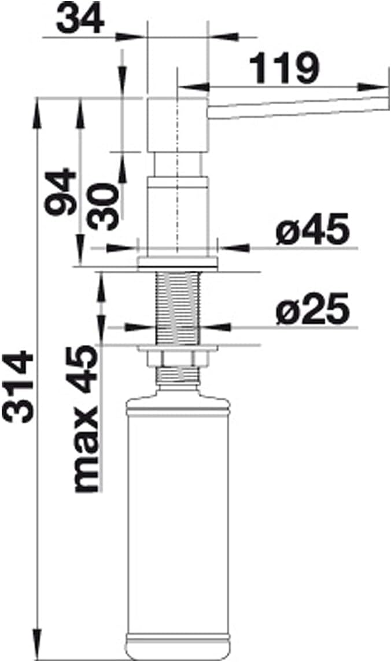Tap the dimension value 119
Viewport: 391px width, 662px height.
click(x=285, y=68)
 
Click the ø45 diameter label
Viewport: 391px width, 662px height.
click(x=312, y=229)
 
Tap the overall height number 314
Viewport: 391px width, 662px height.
click(x=18, y=387)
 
